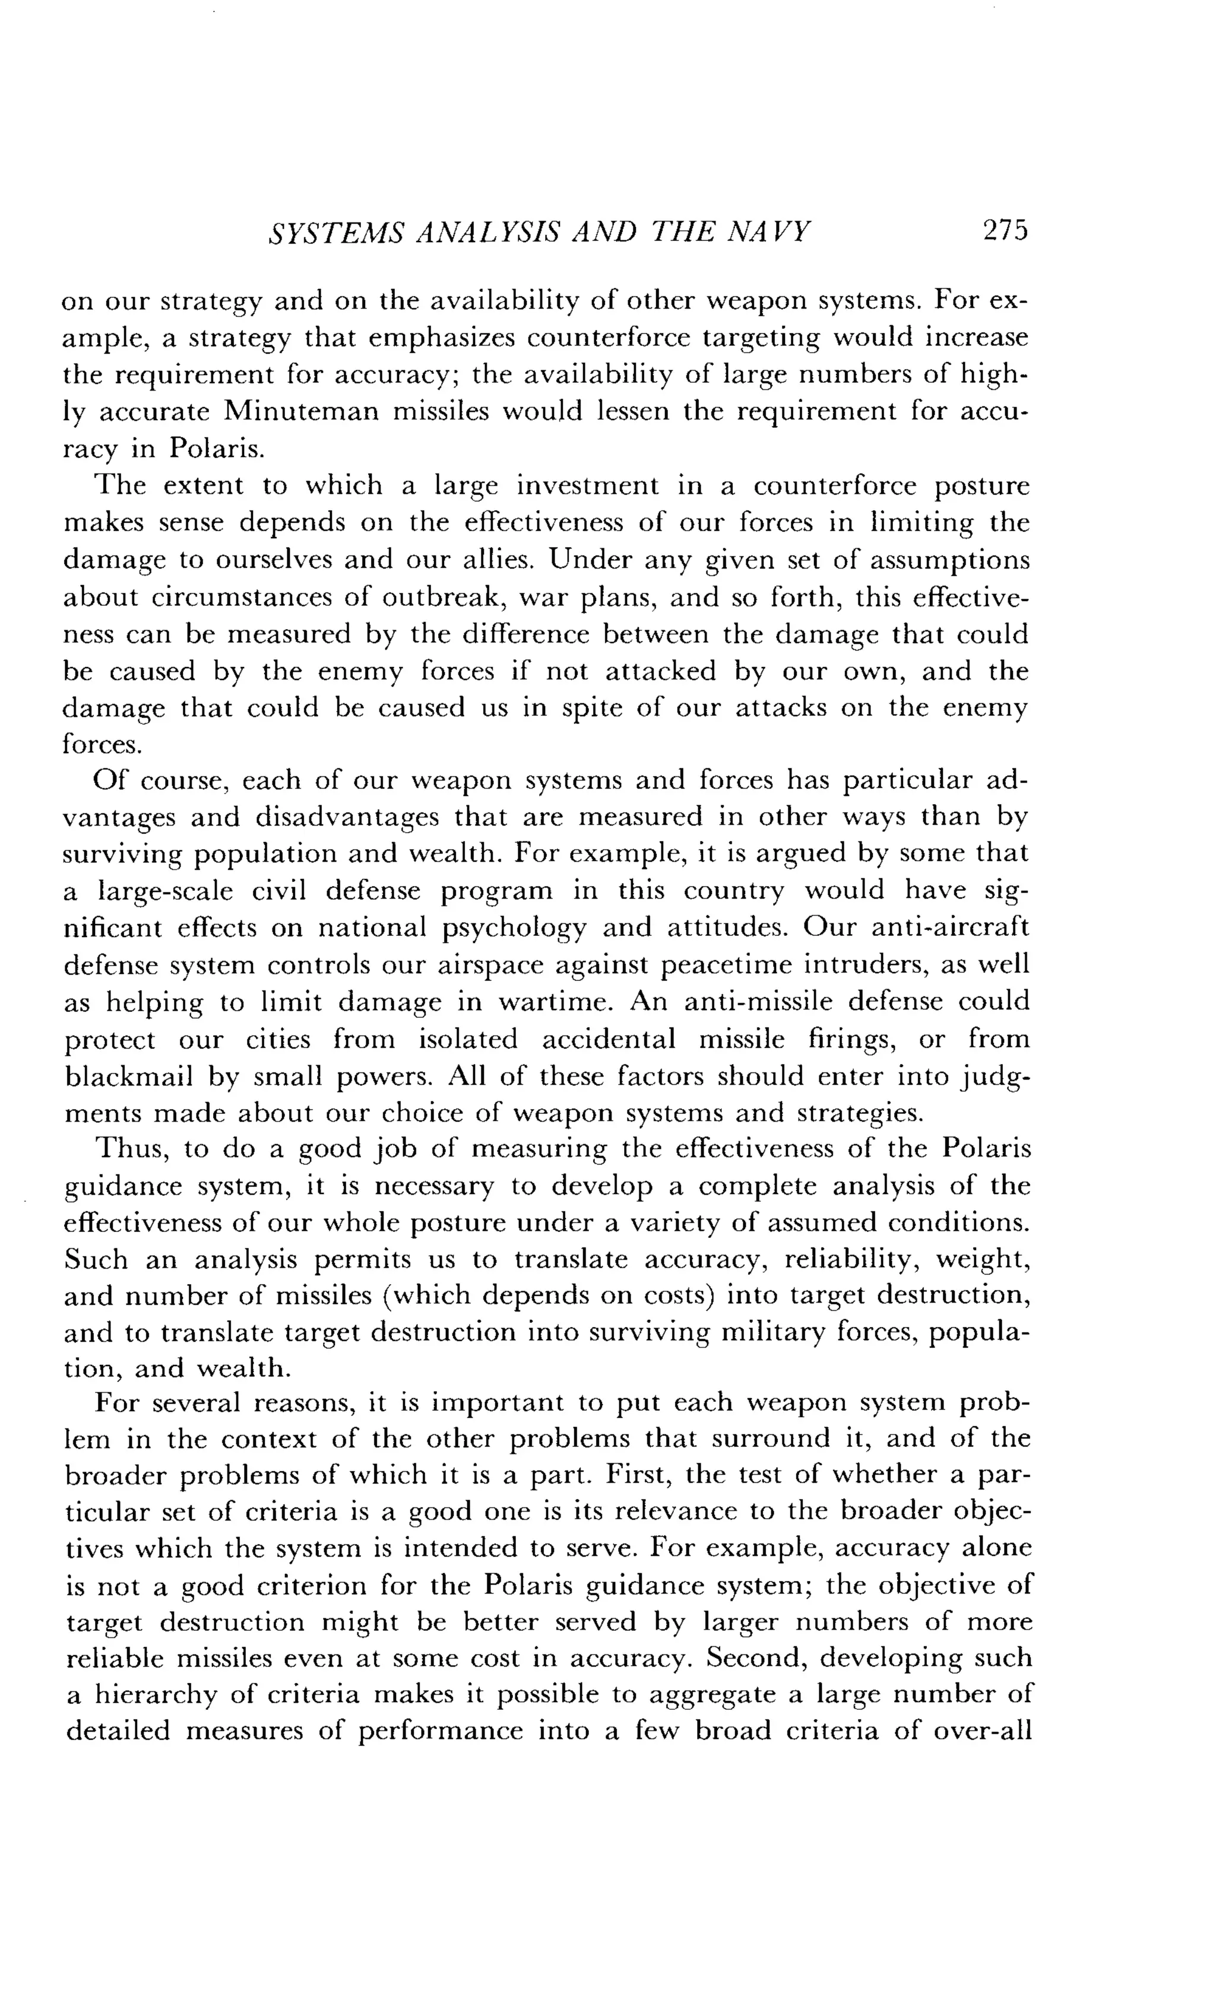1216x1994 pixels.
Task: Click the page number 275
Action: [1004, 232]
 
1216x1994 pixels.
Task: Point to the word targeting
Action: [756, 338]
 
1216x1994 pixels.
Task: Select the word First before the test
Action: [635, 1475]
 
